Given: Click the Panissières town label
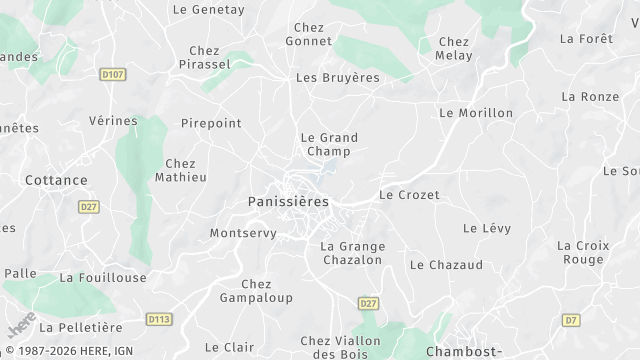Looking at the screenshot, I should (x=287, y=201).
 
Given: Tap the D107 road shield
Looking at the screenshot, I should (x=113, y=74).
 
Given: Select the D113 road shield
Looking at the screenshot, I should (x=158, y=319).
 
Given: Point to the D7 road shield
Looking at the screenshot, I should (x=570, y=320).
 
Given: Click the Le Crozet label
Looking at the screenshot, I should (x=409, y=195).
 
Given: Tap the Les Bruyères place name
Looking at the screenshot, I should (x=338, y=77).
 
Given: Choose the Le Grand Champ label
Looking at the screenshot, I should (x=329, y=144).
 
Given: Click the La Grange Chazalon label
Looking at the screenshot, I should (x=352, y=252).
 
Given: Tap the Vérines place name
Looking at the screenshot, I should (x=113, y=121).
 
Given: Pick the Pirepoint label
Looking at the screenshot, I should (x=211, y=123).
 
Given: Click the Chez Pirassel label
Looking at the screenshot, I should (x=203, y=57).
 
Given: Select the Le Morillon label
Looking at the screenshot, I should (x=476, y=113).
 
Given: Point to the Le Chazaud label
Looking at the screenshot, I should (x=446, y=265).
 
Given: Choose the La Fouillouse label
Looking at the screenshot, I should (x=103, y=277).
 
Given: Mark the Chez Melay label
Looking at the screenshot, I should (x=454, y=48).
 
